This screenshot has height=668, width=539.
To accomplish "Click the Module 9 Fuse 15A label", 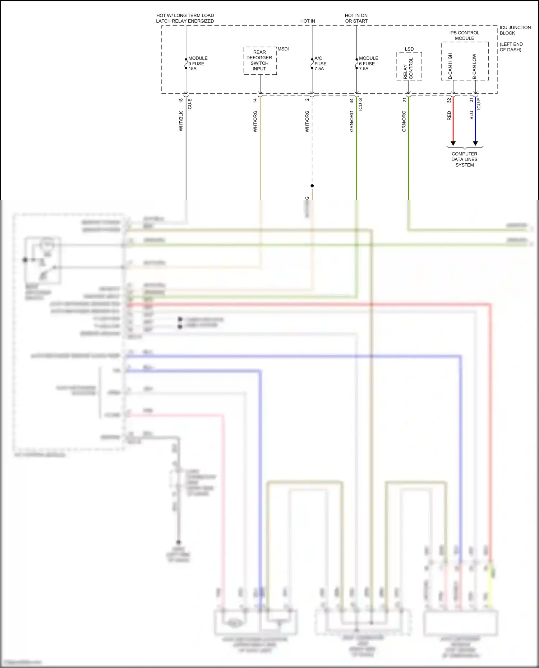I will click(x=198, y=64).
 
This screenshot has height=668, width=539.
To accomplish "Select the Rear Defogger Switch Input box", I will click(x=260, y=60).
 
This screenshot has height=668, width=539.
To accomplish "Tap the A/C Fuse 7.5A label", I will click(x=320, y=64).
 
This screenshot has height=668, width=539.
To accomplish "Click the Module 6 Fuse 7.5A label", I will click(x=368, y=64).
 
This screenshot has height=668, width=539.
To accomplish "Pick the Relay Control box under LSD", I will click(x=409, y=67).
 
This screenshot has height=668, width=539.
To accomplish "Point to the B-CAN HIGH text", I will click(x=450, y=66).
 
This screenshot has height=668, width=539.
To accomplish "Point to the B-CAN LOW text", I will click(x=474, y=66).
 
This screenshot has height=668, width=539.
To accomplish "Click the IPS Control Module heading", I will click(x=464, y=36).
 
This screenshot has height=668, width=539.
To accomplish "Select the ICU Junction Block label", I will click(x=515, y=30).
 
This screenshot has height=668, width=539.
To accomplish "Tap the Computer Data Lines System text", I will click(x=464, y=159).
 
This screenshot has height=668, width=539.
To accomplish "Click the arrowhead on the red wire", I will click(x=453, y=143).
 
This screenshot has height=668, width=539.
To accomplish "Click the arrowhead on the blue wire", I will click(x=475, y=143).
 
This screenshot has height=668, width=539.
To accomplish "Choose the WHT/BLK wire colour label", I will click(x=181, y=121).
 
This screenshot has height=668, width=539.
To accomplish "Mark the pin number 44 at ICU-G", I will click(x=352, y=101).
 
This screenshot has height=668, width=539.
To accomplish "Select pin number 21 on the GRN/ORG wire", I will click(x=404, y=100).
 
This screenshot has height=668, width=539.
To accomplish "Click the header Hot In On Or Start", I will click(x=356, y=18).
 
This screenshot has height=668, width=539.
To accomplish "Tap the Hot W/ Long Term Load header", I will click(x=185, y=18).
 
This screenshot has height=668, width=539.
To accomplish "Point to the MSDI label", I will click(x=283, y=49).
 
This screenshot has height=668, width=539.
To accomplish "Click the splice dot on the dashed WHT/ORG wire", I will click(x=312, y=186).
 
